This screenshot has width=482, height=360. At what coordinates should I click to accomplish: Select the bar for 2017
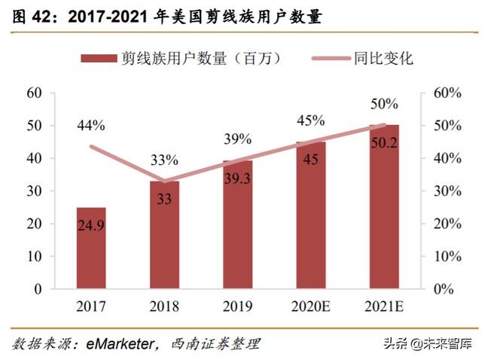[90, 249]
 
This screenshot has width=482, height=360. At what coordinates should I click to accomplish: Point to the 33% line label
[164, 160]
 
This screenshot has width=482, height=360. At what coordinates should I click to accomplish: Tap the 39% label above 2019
[237, 139]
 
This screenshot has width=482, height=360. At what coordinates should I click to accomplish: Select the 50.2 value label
[384, 141]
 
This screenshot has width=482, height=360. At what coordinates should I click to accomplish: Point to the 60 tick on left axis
[33, 93]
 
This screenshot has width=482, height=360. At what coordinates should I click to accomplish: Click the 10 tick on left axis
[33, 256]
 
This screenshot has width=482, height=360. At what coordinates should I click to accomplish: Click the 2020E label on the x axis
[310, 307]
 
